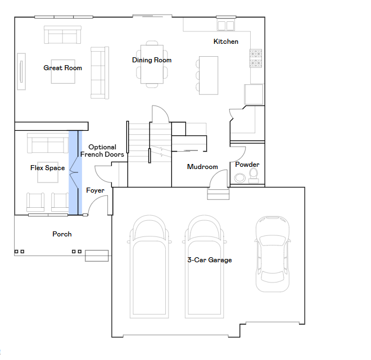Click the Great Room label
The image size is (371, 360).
tap(63, 68)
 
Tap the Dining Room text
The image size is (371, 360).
tap(152, 60)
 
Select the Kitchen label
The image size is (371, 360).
tap(226, 42)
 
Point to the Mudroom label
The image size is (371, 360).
tap(202, 167)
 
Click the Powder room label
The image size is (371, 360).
tap(247, 165)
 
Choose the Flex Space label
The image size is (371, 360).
tap(48, 168)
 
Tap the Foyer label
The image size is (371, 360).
tap(95, 190)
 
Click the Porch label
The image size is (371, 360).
tap(62, 234)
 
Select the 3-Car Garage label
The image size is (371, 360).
tap(210, 260)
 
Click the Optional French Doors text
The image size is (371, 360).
tap(102, 151)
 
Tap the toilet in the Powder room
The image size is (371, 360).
tap(254, 176)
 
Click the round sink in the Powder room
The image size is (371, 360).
tap(240, 178)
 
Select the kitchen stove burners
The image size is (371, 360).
tap(256, 58)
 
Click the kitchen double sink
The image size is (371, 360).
tap(226, 25)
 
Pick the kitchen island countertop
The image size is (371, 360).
tap(209, 75)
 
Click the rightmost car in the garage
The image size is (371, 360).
tap(273, 254)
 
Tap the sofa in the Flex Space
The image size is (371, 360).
tap(48, 143)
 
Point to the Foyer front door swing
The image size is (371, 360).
tap(97, 204)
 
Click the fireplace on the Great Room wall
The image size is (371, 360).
tap(21, 71)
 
